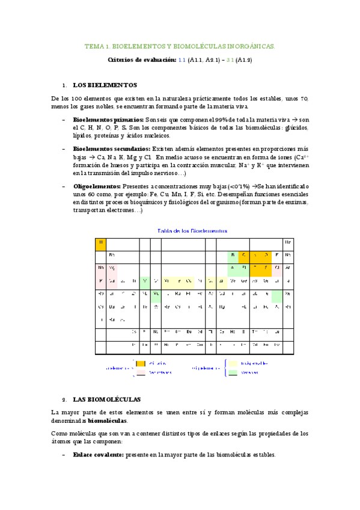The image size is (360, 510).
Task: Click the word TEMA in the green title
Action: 94,46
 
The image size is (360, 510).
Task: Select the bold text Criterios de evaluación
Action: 141,60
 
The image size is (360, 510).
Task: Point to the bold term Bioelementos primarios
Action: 108,120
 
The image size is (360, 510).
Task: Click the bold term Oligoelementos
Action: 96,187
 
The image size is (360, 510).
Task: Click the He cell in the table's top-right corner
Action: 288,242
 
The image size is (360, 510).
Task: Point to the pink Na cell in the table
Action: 101,268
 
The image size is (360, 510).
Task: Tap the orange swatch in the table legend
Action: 141,363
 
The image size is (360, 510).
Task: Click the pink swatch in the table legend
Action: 141,372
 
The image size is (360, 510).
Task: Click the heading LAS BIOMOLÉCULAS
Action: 106,399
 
